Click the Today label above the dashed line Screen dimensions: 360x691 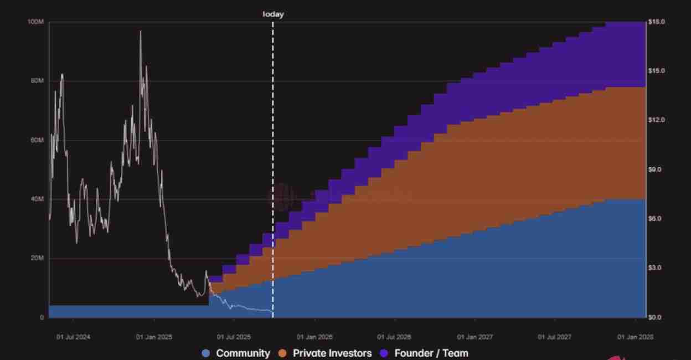coord(273,14)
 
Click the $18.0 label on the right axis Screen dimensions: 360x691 coord(657,22)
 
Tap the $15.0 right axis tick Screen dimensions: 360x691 coord(657,71)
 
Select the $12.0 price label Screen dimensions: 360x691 coord(657,120)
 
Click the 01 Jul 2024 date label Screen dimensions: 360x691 coord(73,337)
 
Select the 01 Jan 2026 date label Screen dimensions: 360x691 coord(314,337)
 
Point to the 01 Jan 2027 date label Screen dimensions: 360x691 coord(475,337)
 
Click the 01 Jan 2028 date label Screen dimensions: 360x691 coord(636,337)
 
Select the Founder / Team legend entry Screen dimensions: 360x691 coord(424,353)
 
